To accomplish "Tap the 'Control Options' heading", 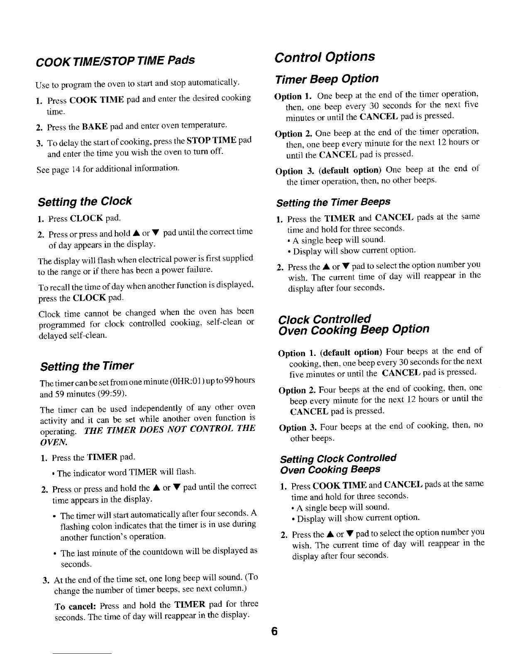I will coord(325,56).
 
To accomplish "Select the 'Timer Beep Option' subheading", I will coord(327,79).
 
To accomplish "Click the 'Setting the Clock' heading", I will coord(85,202).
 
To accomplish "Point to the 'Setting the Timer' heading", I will coord(87,366).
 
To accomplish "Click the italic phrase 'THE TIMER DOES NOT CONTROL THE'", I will coord(169,428).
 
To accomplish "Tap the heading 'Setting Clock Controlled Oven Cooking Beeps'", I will coord(338,463).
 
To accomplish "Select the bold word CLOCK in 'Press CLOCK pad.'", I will coord(88,218).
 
